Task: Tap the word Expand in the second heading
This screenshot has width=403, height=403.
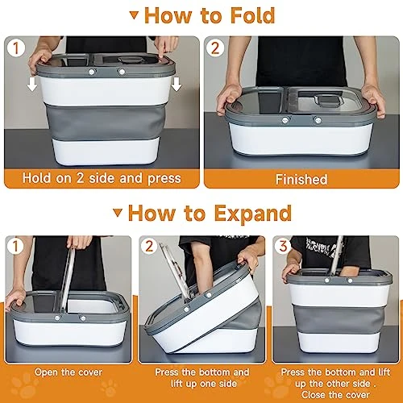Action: pos(253,214)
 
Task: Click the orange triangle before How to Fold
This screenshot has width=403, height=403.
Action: pos(135,15)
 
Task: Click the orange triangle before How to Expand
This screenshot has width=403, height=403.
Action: pos(118,213)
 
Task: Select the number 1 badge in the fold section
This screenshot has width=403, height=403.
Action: pos(15,48)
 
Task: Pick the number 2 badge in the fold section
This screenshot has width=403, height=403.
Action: pos(215,48)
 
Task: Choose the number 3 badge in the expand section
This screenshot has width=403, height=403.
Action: pos(284,246)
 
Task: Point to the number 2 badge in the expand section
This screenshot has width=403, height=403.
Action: pos(149,246)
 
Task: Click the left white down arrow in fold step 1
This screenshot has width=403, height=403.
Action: pos(32,84)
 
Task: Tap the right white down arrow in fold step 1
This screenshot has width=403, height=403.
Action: pos(177,84)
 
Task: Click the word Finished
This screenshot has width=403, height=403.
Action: pos(301,180)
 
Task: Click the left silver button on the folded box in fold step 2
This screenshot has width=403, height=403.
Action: pos(285,120)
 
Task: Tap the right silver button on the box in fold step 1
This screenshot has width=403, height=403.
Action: pos(122,72)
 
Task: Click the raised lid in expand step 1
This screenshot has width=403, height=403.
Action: pos(67,280)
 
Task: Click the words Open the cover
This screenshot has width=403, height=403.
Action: pos(69,372)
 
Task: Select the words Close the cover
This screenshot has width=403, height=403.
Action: pos(335,395)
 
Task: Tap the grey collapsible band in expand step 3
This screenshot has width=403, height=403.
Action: pos(339,319)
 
